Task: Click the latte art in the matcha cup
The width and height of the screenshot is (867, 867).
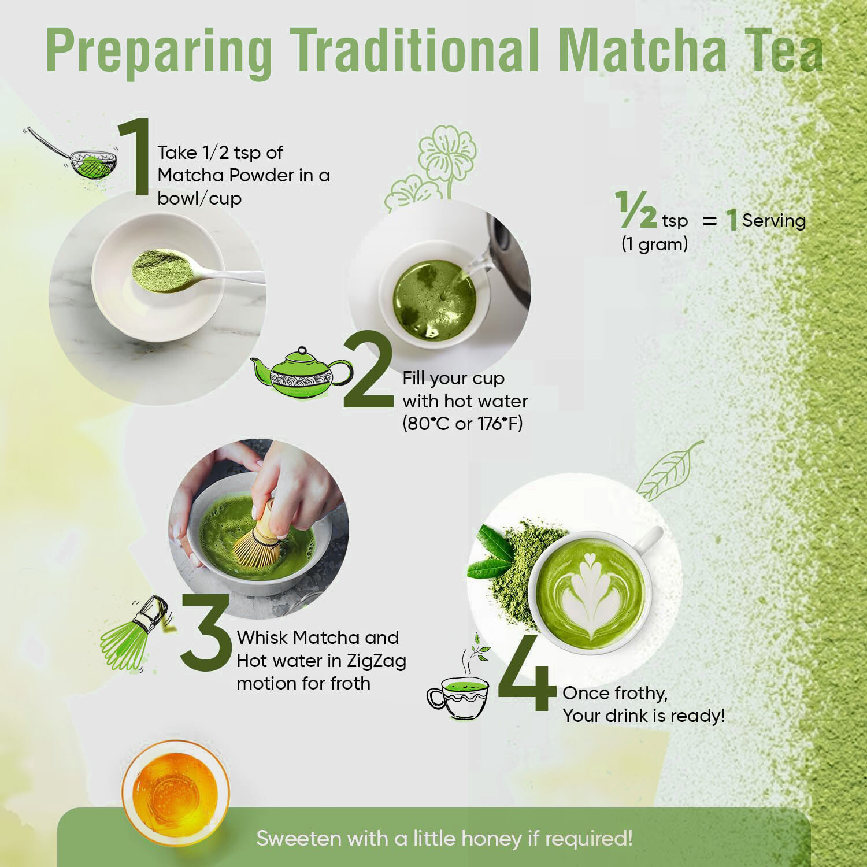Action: coord(590,593)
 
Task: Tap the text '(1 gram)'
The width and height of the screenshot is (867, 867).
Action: coord(654,244)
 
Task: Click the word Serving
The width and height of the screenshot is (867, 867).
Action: coord(774,220)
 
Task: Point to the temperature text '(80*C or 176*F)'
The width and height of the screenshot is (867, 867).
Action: coord(462,424)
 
